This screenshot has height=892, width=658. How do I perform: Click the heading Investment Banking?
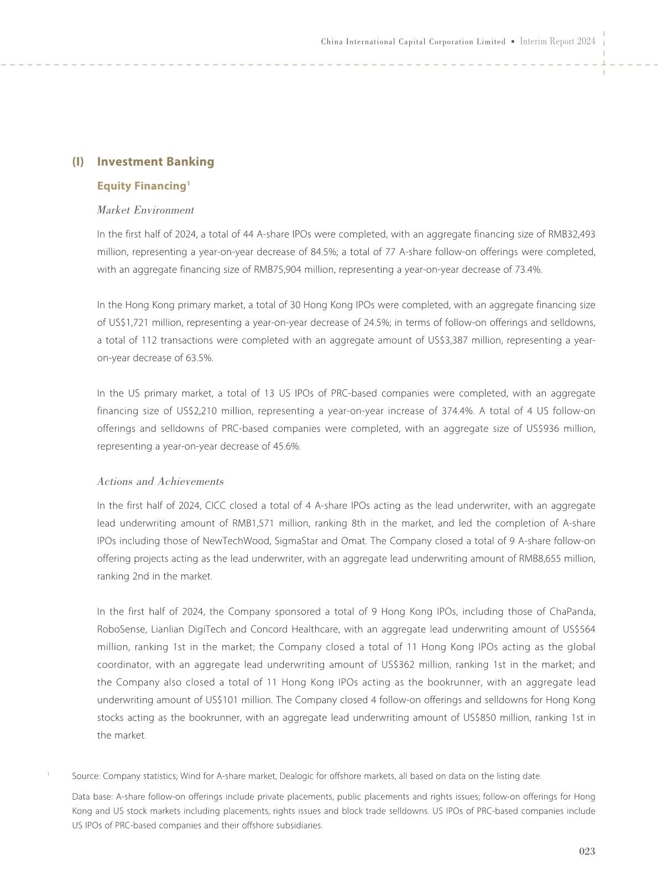pos(155,162)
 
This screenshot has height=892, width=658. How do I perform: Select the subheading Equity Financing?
pos(141,186)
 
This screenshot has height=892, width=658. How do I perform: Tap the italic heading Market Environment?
pos(145,210)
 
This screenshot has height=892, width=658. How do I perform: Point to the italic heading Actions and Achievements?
pos(160,482)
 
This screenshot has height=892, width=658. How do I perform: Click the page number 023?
pos(587,852)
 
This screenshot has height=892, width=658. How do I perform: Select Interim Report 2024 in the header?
pos(558,41)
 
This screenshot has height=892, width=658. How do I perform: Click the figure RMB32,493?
pos(571,234)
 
